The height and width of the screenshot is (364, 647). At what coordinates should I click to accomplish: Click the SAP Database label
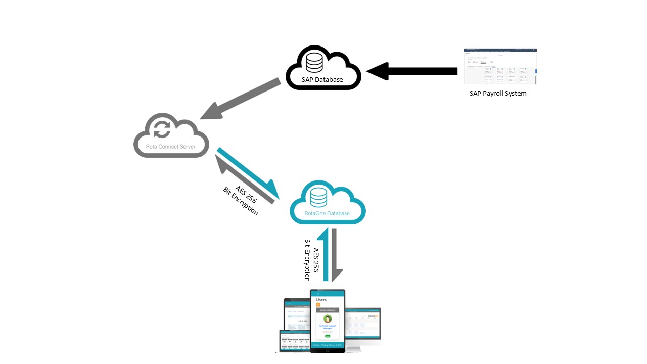322,79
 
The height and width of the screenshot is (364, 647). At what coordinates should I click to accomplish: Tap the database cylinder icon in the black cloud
314,62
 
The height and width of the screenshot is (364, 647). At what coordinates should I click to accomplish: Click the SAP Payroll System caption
498,93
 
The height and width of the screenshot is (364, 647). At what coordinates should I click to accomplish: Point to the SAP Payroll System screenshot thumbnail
500,66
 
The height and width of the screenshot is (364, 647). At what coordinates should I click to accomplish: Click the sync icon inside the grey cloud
162,129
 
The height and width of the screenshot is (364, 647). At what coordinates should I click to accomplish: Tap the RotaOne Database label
327,213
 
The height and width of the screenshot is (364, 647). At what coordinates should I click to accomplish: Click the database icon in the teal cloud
318,197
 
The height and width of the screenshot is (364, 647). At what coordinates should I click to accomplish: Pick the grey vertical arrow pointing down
335,255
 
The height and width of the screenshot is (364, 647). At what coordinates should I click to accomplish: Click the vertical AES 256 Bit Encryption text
311,260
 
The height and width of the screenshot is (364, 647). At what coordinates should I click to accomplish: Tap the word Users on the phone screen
321,299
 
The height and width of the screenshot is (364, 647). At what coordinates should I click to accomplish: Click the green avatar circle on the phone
328,318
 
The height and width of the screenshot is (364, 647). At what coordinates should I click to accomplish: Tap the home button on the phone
327,349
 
